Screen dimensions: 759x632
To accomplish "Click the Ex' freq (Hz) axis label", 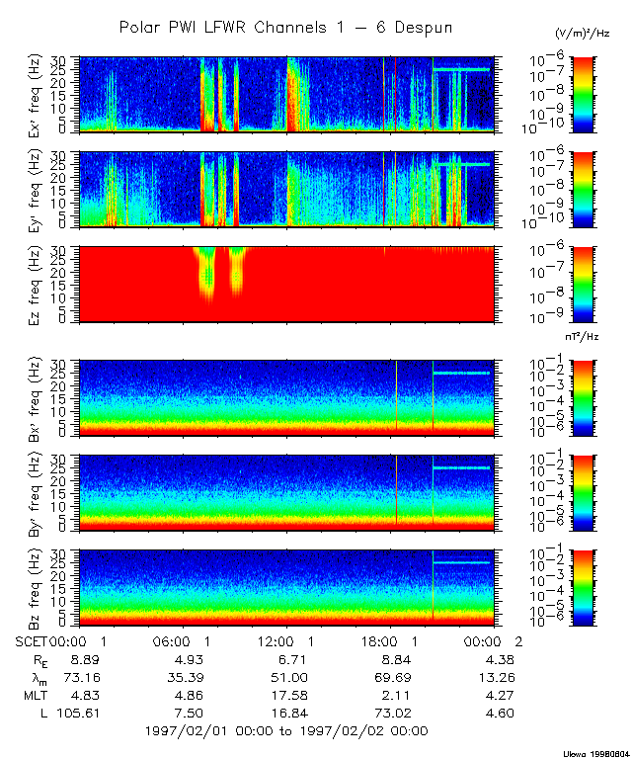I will tap(39, 94).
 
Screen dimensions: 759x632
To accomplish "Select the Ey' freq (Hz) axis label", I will tap(39, 190).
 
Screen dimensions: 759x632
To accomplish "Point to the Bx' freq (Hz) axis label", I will tap(39, 398).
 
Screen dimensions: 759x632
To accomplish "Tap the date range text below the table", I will tap(285, 731).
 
